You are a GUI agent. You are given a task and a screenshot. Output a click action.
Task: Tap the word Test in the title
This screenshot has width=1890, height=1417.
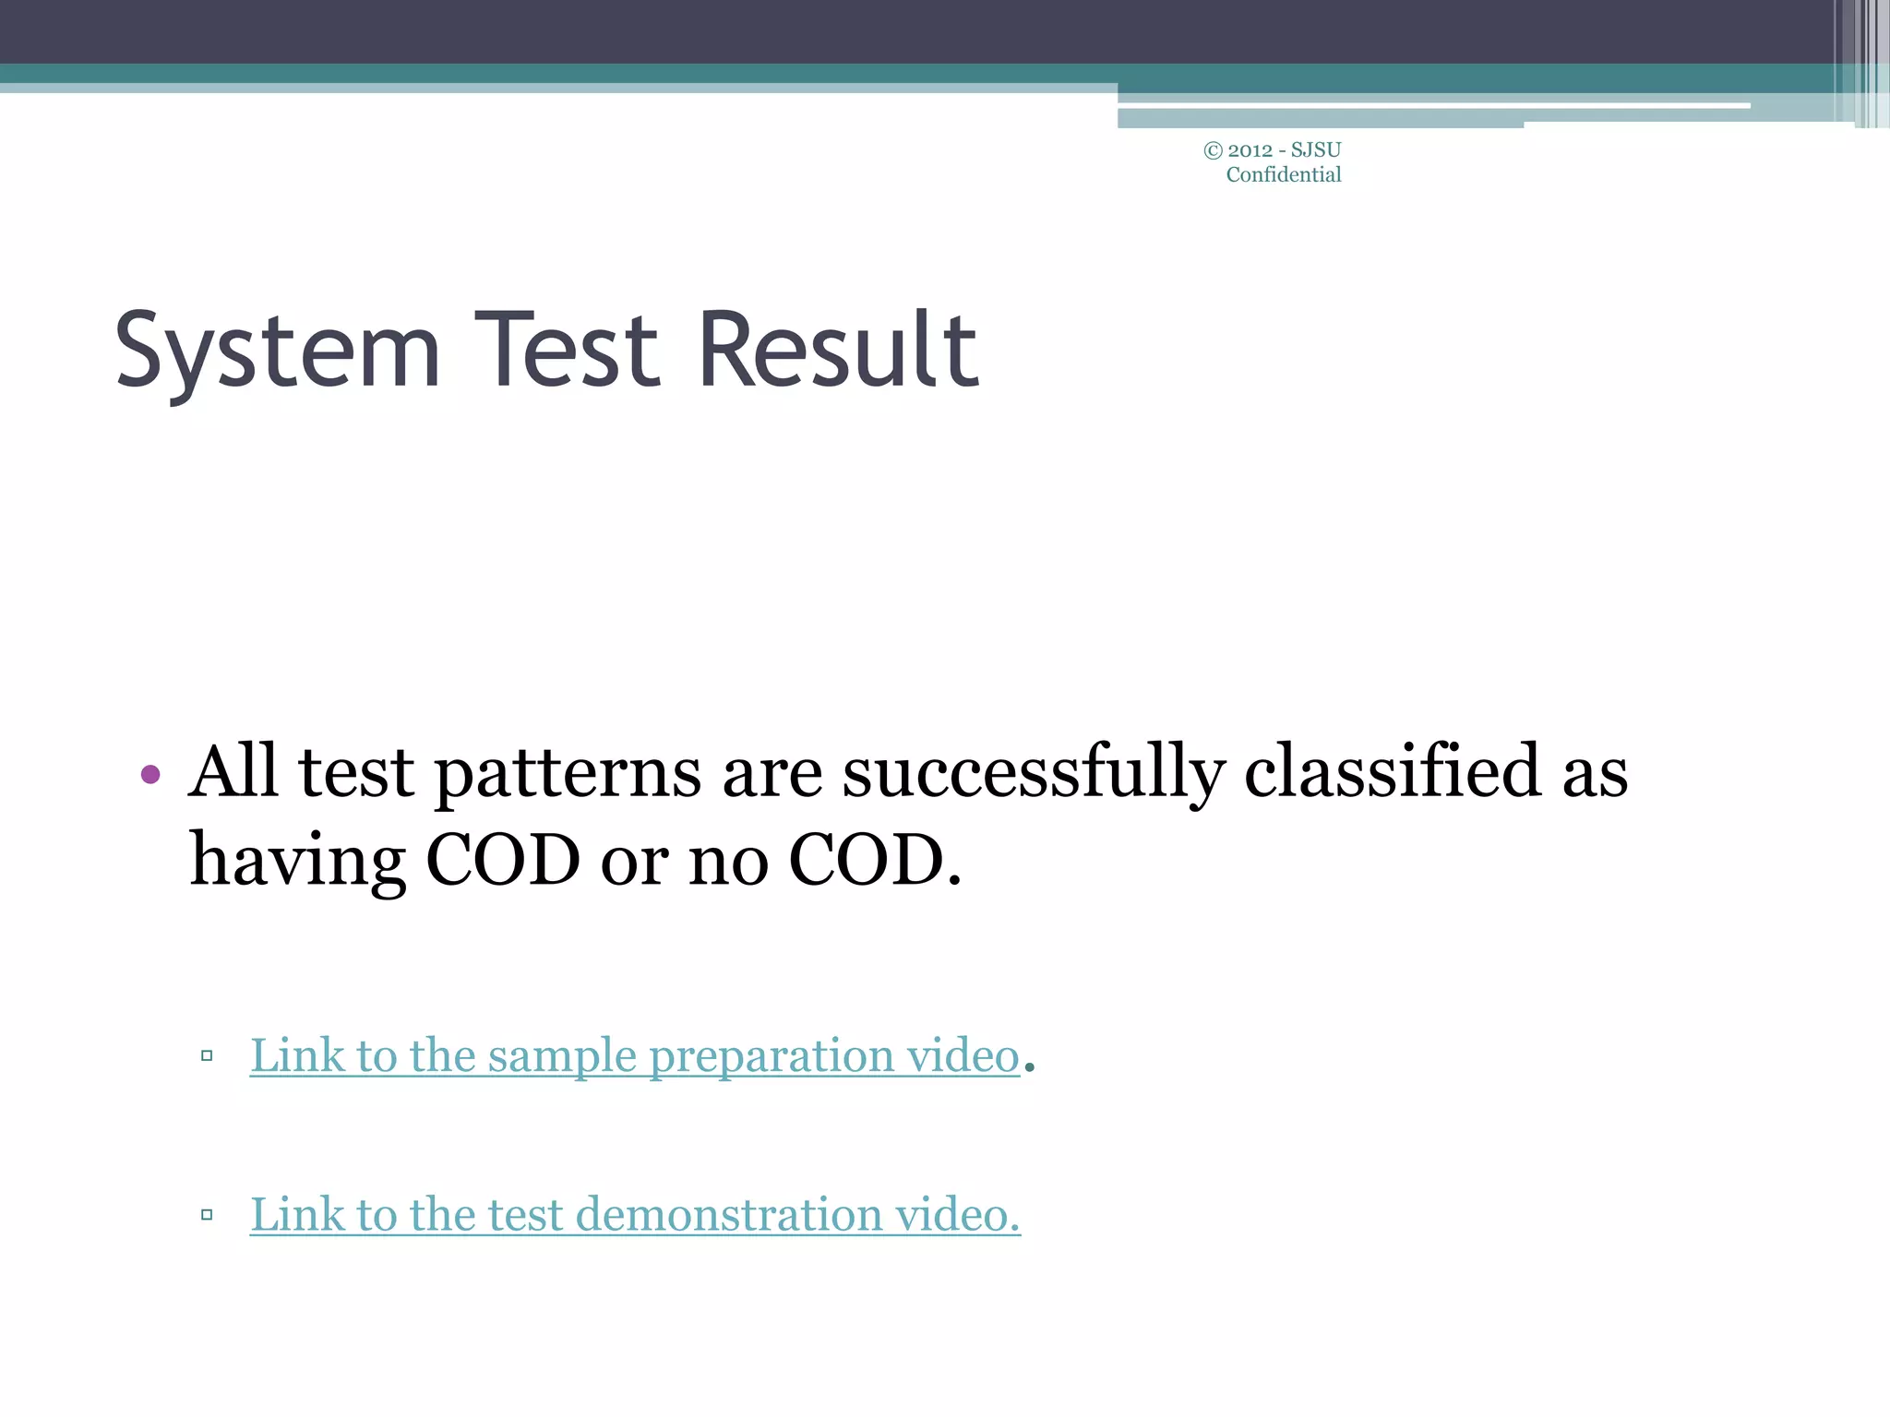click(568, 351)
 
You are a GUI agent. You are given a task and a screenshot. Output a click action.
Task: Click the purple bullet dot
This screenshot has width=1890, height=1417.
click(150, 774)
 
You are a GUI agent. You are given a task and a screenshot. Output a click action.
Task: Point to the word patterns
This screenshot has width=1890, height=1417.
click(568, 773)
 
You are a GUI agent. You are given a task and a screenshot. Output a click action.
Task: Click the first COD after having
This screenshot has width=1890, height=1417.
click(503, 860)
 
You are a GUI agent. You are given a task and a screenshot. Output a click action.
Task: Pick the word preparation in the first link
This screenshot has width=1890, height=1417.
click(772, 1057)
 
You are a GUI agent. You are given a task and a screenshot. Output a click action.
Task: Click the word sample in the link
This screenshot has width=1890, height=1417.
click(561, 1057)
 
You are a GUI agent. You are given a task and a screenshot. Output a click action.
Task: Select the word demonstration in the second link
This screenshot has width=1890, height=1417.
click(729, 1215)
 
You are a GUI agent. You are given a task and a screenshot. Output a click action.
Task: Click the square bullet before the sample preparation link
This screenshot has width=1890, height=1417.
click(207, 1056)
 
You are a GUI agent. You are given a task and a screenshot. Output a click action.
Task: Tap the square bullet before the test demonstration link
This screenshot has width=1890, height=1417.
click(207, 1215)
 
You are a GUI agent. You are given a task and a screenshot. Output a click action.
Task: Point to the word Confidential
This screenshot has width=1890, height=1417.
click(1283, 175)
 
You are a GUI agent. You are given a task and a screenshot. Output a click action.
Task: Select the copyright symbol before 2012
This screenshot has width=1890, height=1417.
click(1213, 150)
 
